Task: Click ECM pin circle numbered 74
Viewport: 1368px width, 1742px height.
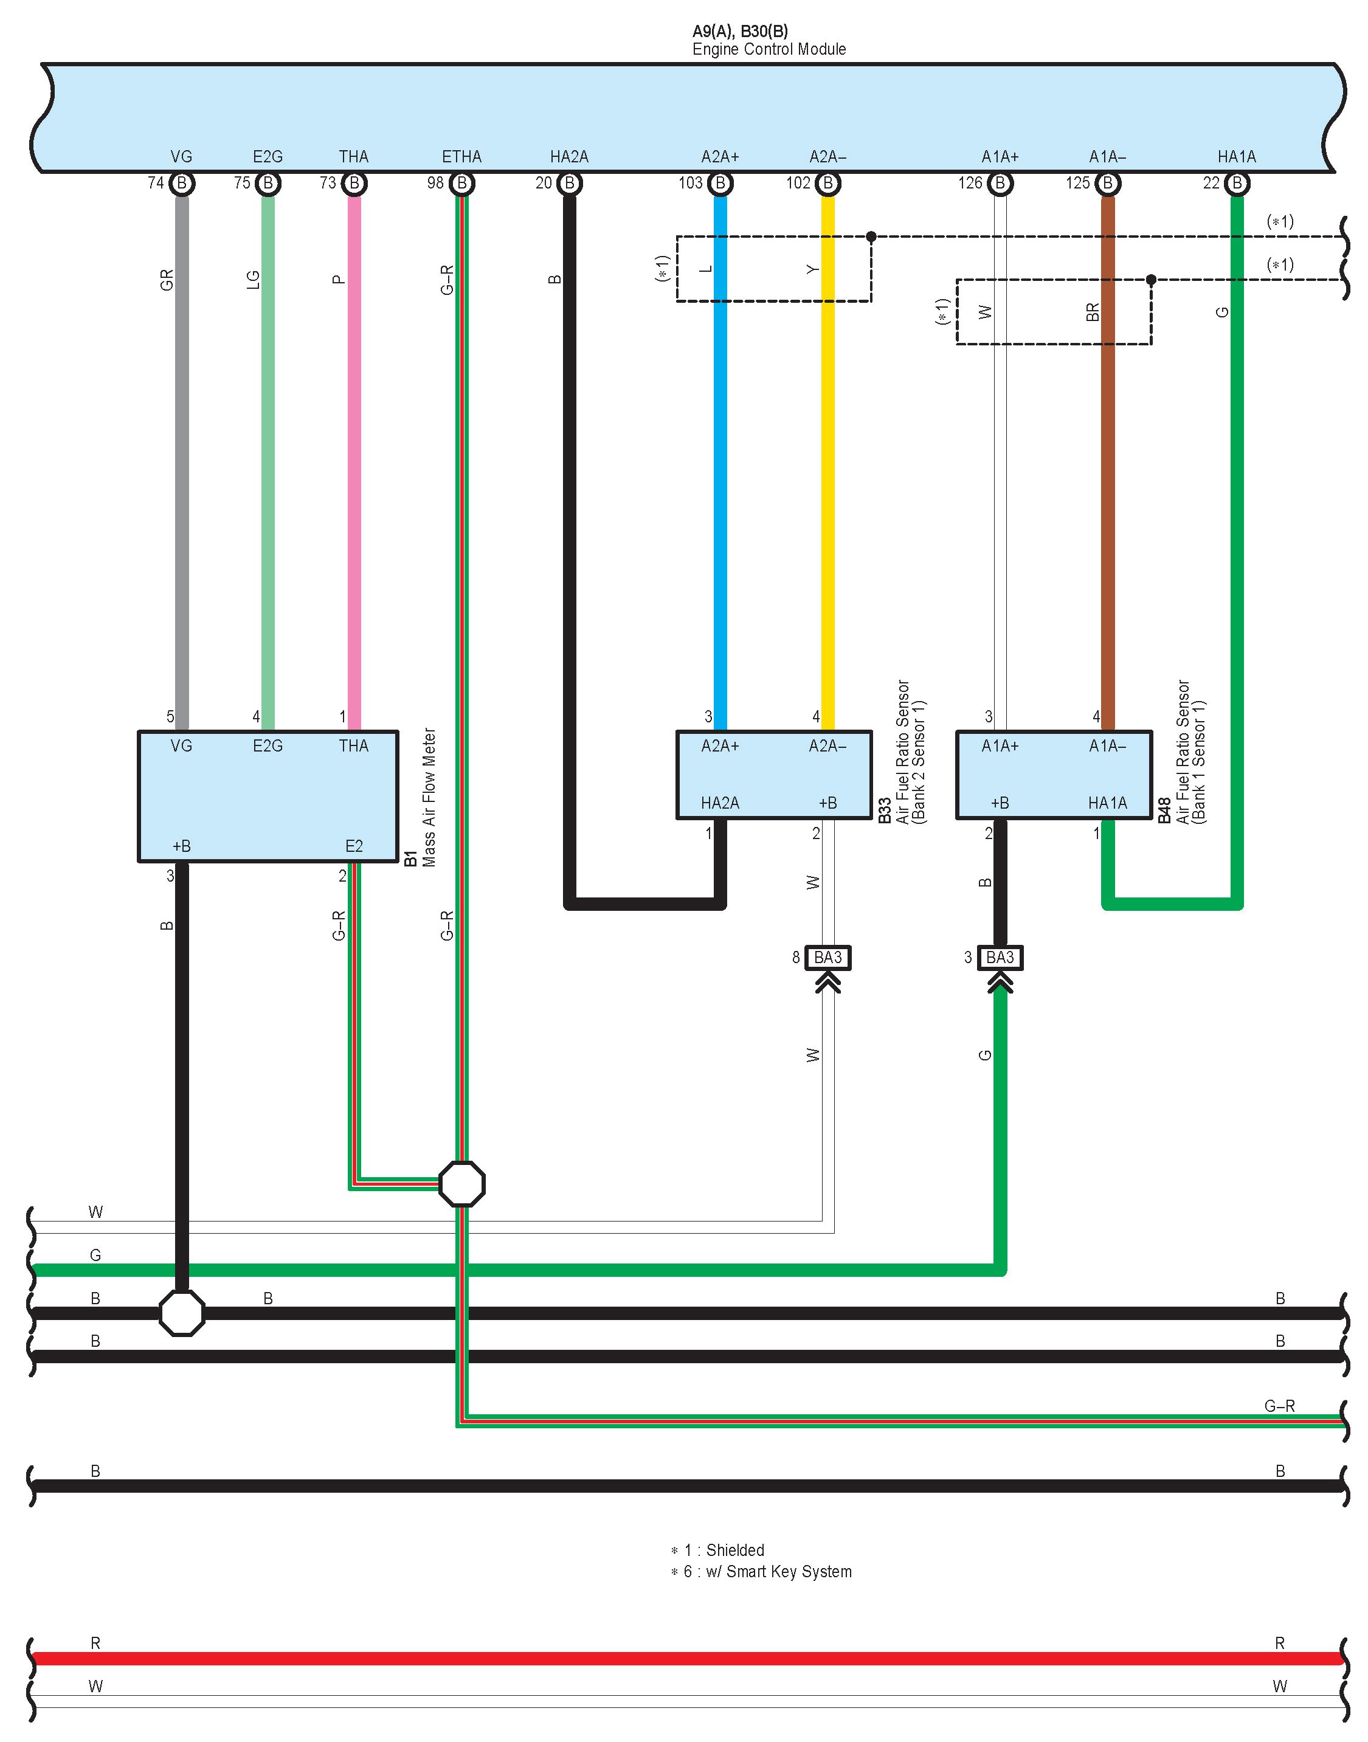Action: pos(182,184)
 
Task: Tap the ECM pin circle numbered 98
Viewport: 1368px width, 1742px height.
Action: pos(461,184)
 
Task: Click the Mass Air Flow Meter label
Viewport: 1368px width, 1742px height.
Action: pos(429,797)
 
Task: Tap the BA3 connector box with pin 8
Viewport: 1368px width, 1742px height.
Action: pos(827,957)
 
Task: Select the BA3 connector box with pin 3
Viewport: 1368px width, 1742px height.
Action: pos(1000,957)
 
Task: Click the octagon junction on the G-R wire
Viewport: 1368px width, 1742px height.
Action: pos(462,1184)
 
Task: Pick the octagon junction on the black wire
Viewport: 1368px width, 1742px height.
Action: pos(182,1313)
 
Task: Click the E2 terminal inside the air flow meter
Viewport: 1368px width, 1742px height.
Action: pos(354,846)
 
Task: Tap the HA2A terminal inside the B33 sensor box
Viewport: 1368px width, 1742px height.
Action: pos(719,803)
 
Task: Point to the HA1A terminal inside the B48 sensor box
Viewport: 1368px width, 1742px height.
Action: pos(1107,803)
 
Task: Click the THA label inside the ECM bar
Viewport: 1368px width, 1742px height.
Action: pos(353,157)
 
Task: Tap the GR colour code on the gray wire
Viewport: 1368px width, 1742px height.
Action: pos(167,280)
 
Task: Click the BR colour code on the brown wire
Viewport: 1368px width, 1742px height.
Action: pos(1093,313)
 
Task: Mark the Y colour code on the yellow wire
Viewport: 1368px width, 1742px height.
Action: pos(813,269)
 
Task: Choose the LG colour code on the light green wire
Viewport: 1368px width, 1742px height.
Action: pos(253,280)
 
